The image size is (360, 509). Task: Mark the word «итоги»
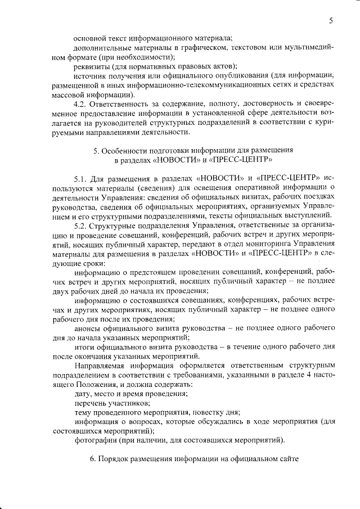click(85, 347)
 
